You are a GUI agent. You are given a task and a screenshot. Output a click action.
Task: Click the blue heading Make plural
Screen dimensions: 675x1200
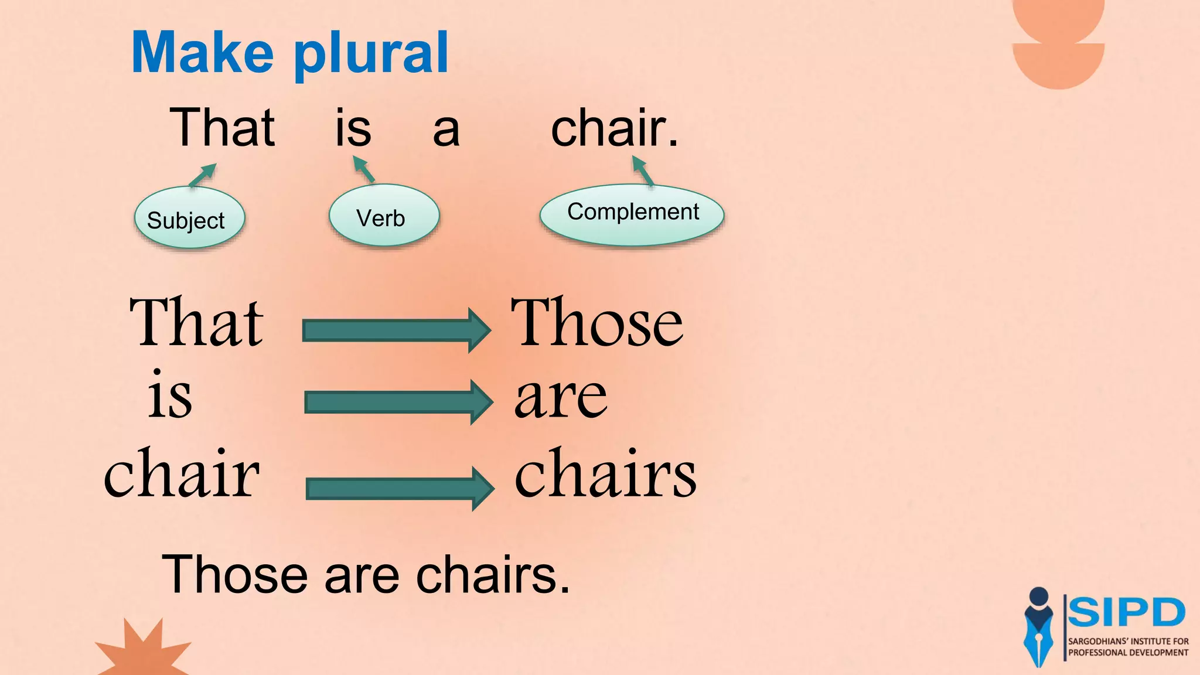pos(290,54)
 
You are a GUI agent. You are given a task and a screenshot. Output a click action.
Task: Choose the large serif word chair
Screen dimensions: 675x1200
pos(182,472)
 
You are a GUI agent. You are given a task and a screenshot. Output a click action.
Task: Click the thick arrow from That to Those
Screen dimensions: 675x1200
pos(396,330)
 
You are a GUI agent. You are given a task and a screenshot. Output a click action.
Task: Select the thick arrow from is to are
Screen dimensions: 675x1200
pos(398,402)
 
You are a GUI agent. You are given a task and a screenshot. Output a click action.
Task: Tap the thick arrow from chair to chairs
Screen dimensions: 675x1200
pos(399,488)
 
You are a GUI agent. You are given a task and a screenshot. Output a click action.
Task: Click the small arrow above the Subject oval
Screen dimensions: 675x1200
pos(203,175)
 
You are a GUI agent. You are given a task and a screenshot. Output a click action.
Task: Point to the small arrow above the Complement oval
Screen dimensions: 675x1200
pos(643,171)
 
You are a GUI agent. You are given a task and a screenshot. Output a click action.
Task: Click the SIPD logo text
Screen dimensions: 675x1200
pos(1126,613)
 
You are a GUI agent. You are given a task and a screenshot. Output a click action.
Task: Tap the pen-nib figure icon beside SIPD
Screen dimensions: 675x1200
pos(1038,627)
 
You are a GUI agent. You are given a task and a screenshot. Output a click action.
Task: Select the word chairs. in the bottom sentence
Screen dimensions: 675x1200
pos(493,575)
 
